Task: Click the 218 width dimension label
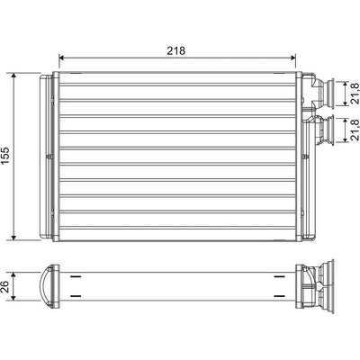(x=176, y=50)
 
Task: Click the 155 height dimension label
(x=5, y=156)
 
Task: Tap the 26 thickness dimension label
(x=5, y=287)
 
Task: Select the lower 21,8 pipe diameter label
(x=355, y=130)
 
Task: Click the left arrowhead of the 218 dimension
(x=61, y=58)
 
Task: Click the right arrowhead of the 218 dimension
(x=293, y=58)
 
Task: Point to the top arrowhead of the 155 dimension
(x=13, y=76)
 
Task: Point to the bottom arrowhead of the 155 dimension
(x=13, y=238)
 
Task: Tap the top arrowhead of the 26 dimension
(x=13, y=275)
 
